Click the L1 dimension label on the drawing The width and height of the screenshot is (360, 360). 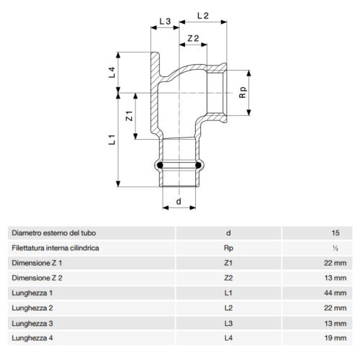coord(112,140)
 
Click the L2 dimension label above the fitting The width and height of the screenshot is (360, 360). coord(202,14)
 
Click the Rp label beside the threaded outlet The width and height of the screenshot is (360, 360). coord(243,91)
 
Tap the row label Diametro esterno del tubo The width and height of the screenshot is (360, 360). coord(53,233)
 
